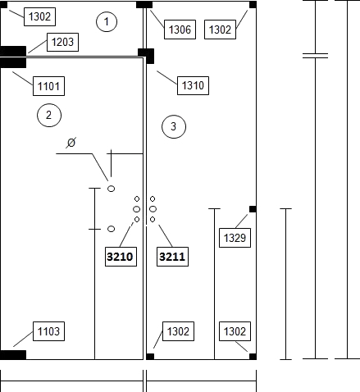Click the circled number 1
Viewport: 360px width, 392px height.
pyautogui.click(x=107, y=21)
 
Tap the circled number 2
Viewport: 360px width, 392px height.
pyautogui.click(x=49, y=115)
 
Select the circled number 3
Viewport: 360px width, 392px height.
pyautogui.click(x=174, y=126)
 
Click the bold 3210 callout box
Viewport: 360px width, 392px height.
pyautogui.click(x=121, y=257)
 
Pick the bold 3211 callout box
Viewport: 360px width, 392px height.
pyautogui.click(x=172, y=257)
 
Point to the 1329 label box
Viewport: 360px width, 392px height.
pyautogui.click(x=235, y=238)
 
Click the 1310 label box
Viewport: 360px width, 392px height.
pyautogui.click(x=193, y=85)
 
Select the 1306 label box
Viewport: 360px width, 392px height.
pyautogui.click(x=180, y=30)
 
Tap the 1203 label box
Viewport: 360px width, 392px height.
pyautogui.click(x=62, y=42)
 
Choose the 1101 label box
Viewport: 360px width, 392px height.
pyautogui.click(x=48, y=86)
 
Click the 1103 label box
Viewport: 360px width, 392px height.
pyautogui.click(x=48, y=331)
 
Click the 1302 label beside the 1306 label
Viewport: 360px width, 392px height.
pyautogui.click(x=220, y=30)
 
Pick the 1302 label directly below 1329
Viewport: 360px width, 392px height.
pyautogui.click(x=235, y=331)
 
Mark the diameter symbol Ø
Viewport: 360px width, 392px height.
pyautogui.click(x=71, y=143)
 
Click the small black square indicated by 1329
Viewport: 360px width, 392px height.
pyautogui.click(x=253, y=209)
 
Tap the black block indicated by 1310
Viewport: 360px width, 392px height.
pyautogui.click(x=146, y=56)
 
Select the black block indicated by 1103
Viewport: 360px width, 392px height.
pyautogui.click(x=13, y=355)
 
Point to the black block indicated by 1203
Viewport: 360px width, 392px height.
pyautogui.click(x=13, y=51)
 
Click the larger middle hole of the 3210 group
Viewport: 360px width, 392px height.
pyautogui.click(x=137, y=209)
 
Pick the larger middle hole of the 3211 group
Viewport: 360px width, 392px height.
pyautogui.click(x=153, y=209)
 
